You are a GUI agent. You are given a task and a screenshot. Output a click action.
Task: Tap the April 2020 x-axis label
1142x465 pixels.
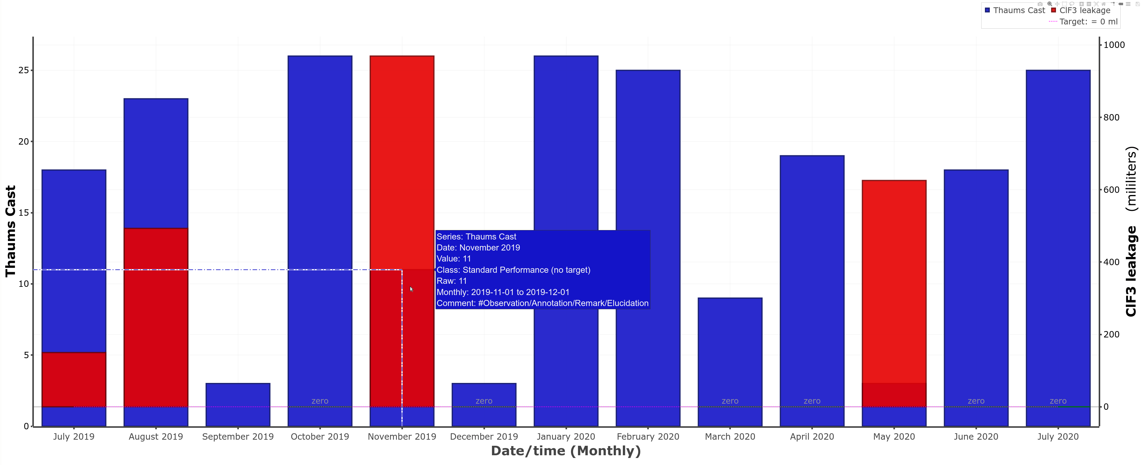812,437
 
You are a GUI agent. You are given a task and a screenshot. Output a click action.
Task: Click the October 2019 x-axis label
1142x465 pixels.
320,437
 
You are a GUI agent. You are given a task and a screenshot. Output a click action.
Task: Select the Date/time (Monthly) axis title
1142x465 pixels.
566,451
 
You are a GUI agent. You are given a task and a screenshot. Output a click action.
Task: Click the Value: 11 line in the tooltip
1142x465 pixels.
454,259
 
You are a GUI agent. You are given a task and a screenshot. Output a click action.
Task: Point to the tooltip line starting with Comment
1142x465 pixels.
542,303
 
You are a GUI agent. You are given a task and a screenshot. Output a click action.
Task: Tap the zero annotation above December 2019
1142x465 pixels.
484,401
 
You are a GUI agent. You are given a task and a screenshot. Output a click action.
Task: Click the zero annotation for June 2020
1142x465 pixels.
976,401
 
